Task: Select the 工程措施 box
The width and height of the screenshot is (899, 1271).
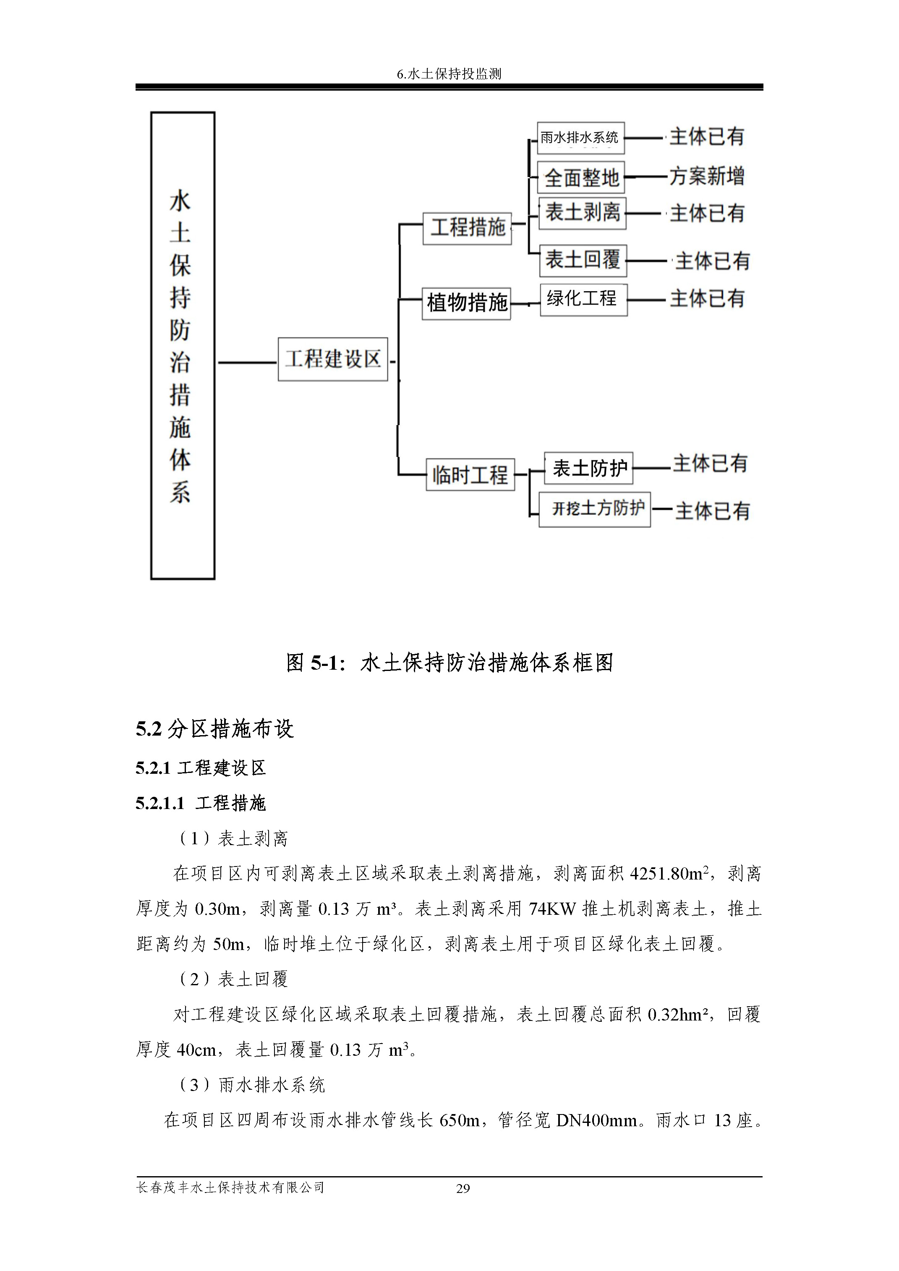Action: [x=467, y=227]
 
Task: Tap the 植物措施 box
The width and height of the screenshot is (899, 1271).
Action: [x=466, y=303]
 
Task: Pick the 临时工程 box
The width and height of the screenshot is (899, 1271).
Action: [x=470, y=475]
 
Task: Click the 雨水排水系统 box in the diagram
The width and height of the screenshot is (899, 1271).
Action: [x=581, y=138]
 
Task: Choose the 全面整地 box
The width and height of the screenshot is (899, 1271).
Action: [x=581, y=177]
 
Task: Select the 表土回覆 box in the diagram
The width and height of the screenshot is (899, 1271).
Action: [x=583, y=260]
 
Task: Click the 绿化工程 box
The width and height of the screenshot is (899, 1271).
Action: [x=583, y=300]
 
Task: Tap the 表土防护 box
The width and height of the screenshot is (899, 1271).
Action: [x=588, y=468]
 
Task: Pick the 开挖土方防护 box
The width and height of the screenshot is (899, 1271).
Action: [x=595, y=509]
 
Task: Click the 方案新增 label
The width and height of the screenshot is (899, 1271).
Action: [x=706, y=176]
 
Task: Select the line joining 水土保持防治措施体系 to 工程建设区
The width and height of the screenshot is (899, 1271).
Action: [x=246, y=363]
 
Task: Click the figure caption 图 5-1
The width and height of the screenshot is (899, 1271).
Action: [x=449, y=663]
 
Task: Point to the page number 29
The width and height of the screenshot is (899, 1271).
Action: [x=463, y=1188]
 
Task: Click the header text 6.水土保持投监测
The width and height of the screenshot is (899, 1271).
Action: [x=449, y=73]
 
